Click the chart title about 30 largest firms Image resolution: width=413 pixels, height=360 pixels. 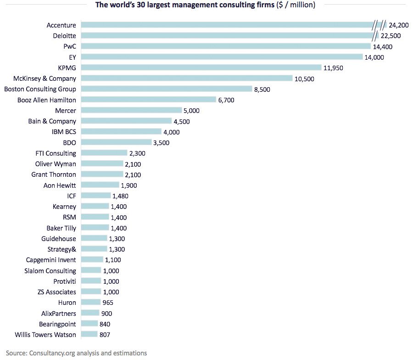coord(205,5)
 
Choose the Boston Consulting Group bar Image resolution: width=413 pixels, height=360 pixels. coord(167,89)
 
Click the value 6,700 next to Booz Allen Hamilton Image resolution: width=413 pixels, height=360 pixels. coord(226,100)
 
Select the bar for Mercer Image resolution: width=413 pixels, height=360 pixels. coord(131,110)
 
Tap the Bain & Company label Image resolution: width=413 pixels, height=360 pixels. coord(52,121)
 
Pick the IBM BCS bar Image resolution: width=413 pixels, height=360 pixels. coord(121,132)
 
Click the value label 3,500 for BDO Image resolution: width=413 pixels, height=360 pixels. coord(161,143)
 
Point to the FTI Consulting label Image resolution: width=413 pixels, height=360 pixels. coord(56,153)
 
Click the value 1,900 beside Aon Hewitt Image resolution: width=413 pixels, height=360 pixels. coord(128,186)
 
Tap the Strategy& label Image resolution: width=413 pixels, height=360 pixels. coord(61,249)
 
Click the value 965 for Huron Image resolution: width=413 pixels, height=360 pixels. coord(108,303)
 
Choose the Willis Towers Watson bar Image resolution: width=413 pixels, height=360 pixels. coord(89,334)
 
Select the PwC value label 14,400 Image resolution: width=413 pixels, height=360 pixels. coord(383,46)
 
